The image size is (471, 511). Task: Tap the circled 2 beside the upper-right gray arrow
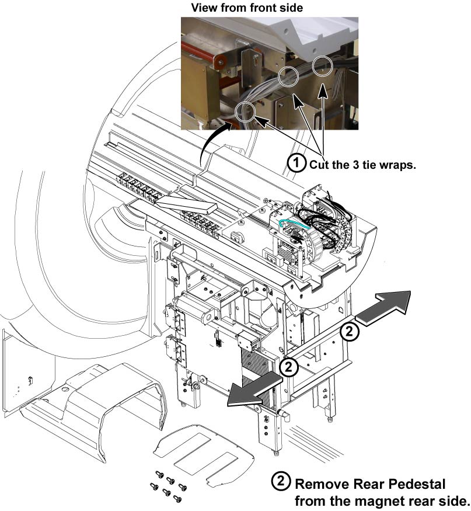tap(348, 332)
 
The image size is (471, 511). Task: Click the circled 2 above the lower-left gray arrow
tap(290, 367)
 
